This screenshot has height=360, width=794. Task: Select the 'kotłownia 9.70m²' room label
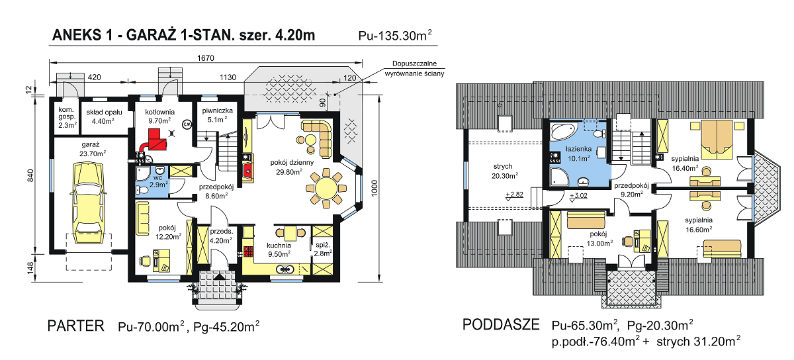tap(159, 117)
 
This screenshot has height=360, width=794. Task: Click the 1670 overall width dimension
tap(206, 59)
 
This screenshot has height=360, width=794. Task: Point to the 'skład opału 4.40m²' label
tap(103, 117)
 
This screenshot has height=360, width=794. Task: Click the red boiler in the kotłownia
tap(155, 139)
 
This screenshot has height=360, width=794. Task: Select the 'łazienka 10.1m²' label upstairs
tap(579, 154)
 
